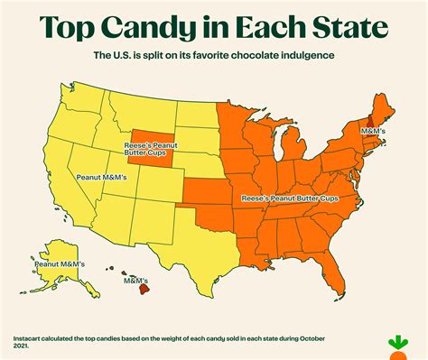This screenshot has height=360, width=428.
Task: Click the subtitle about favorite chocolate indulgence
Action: [x=214, y=56]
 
